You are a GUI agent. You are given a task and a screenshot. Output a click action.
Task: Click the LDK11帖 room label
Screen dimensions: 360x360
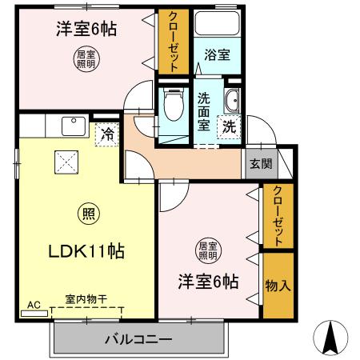click(86, 251)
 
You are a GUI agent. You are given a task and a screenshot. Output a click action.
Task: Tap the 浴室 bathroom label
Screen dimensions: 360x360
click(217, 54)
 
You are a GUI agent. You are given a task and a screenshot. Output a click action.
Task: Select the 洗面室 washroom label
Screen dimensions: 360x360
click(204, 112)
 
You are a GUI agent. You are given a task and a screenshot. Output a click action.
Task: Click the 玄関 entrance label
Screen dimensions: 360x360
click(261, 163)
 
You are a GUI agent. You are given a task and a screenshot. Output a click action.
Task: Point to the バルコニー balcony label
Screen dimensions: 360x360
click(138, 339)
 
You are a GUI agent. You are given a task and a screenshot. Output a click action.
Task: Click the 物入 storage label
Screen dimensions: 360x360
click(278, 286)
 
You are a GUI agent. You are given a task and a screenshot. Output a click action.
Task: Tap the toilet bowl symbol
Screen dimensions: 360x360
click(174, 104)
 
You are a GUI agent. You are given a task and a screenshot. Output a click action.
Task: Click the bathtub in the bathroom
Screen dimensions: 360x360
click(217, 23)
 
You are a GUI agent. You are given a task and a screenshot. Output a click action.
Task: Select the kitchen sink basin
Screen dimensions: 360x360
click(74, 126)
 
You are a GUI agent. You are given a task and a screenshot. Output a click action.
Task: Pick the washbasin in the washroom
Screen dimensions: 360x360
click(233, 100)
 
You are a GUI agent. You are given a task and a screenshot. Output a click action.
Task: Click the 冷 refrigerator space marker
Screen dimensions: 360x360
click(107, 134)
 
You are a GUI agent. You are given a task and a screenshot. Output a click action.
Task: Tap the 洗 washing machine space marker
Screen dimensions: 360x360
click(230, 127)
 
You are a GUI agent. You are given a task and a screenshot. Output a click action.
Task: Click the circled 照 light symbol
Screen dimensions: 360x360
click(89, 214)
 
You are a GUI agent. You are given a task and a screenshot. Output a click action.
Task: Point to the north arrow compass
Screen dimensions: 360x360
click(330, 338)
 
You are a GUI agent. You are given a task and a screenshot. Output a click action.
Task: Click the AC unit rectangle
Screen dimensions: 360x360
click(34, 314)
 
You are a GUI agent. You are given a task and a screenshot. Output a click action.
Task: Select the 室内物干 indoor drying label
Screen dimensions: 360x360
click(86, 299)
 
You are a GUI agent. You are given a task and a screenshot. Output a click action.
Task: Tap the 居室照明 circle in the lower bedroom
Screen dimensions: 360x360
click(208, 250)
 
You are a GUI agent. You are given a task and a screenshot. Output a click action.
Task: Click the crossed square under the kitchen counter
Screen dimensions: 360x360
click(66, 162)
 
